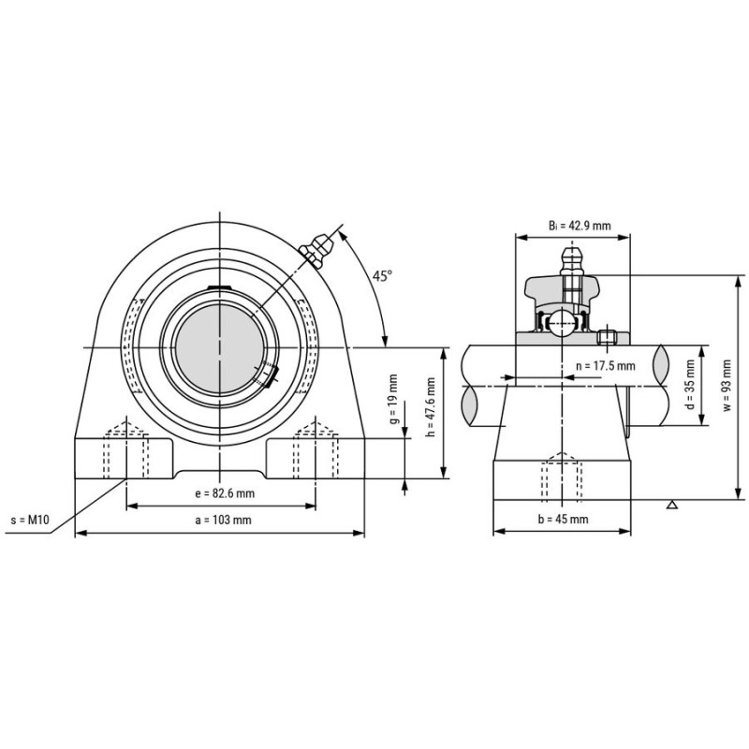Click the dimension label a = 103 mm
(x=223, y=520)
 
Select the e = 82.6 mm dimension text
(x=225, y=493)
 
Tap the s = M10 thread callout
(x=30, y=520)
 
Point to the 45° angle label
(x=382, y=275)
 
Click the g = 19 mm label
(x=393, y=399)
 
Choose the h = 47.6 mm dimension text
(x=431, y=407)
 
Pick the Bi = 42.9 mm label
(x=580, y=225)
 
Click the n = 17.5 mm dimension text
(x=606, y=366)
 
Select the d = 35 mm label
(x=689, y=385)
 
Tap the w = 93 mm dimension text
(x=727, y=385)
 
